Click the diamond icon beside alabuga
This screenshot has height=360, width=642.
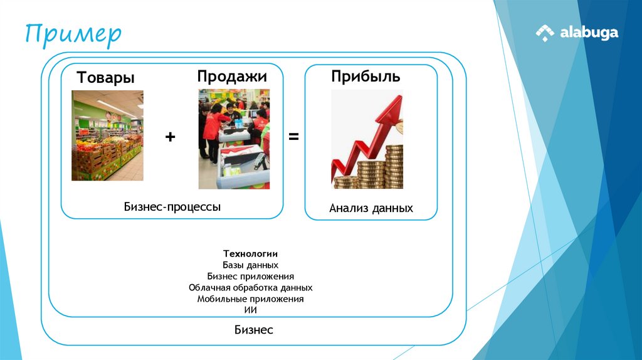tap(545, 33)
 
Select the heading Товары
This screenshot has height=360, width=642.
tap(106, 78)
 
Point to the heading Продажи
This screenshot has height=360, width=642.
tap(232, 77)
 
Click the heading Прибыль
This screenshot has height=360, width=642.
tap(366, 77)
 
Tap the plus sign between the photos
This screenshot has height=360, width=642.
tap(171, 137)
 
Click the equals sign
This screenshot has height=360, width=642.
tap(293, 136)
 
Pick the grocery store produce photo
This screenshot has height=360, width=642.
tap(107, 135)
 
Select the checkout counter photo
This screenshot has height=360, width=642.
tap(234, 139)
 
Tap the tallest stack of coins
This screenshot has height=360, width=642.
tap(394, 166)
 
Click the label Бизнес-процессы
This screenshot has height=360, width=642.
tap(172, 206)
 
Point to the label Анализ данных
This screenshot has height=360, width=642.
tap(371, 208)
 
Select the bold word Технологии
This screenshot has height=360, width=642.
tap(251, 254)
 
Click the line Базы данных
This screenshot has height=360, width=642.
tap(251, 265)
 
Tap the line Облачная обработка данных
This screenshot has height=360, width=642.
tap(251, 287)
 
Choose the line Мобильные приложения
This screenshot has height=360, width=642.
tap(251, 299)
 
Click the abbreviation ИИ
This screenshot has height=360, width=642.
tap(251, 310)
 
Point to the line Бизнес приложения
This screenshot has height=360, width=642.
tap(251, 276)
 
